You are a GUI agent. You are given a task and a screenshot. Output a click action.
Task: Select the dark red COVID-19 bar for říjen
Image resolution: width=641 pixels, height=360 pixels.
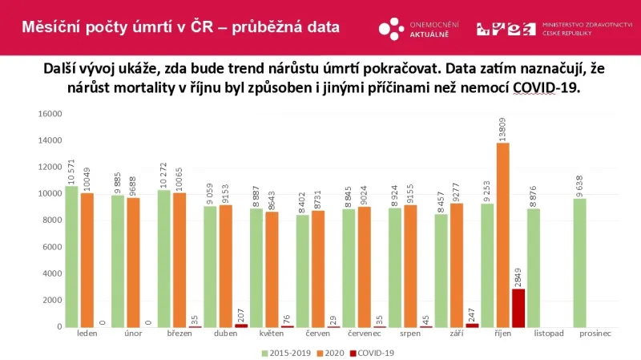pos(518,308)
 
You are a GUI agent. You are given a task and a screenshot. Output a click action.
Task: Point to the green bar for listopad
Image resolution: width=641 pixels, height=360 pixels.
pos(534,268)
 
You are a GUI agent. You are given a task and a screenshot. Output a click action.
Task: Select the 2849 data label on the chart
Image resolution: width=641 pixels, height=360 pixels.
pos(518,275)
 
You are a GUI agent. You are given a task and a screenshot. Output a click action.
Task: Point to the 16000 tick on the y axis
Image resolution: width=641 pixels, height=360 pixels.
pos(50,114)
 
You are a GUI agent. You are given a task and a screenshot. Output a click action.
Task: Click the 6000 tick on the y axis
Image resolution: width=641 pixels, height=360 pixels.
pos(52,247)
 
